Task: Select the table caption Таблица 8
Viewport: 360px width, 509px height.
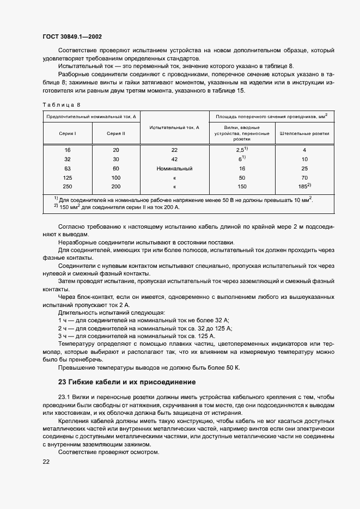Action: [x=60, y=104]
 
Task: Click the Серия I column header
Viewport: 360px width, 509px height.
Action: [x=68, y=133]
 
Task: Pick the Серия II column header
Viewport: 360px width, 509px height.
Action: [x=116, y=133]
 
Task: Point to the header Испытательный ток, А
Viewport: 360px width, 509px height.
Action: [x=174, y=127]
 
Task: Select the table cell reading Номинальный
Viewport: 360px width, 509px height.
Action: [x=174, y=168]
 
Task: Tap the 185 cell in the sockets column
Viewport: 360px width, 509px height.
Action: [x=304, y=186]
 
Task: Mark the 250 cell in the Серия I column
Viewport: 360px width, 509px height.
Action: [x=68, y=187]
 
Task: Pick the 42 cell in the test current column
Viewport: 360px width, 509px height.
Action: [x=174, y=159]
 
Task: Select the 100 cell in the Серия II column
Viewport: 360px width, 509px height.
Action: [x=116, y=177]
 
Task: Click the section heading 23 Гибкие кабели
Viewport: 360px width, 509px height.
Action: [x=126, y=381]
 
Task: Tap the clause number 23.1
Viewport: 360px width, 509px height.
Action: [x=65, y=397]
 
